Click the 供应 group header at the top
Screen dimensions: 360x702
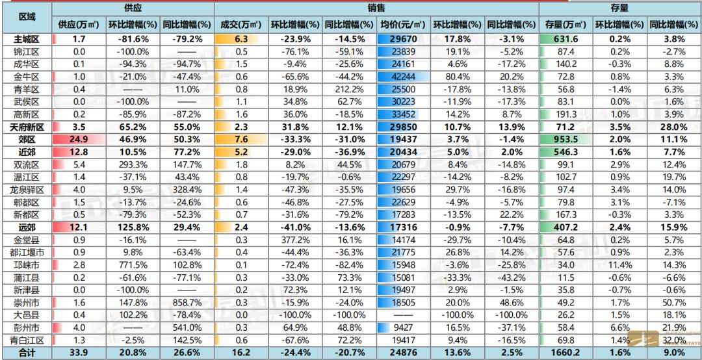click(133, 9)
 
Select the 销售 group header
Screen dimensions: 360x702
click(376, 9)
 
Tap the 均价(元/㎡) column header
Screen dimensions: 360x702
click(403, 25)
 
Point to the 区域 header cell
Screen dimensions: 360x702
click(27, 16)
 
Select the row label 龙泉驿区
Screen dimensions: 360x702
click(27, 189)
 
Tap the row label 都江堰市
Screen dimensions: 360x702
click(27, 252)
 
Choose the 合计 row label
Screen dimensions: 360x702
click(27, 352)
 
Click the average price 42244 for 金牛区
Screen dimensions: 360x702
click(403, 76)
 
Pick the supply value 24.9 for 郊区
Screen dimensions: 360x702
click(79, 139)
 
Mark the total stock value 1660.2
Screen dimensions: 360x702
click(566, 352)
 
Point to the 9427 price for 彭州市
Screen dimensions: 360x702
click(403, 328)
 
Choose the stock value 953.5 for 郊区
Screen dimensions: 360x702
click(566, 139)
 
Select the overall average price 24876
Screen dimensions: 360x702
click(403, 352)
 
